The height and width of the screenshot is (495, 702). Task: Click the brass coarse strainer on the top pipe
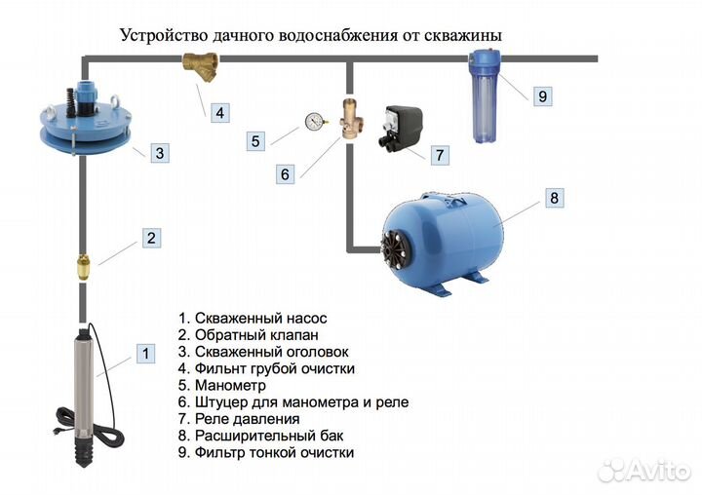point(199,66)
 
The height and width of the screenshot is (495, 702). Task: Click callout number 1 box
point(144,354)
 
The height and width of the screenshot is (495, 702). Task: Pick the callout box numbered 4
point(219,113)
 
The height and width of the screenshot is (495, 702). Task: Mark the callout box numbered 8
point(554,199)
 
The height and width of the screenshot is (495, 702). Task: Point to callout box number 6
point(285,174)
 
